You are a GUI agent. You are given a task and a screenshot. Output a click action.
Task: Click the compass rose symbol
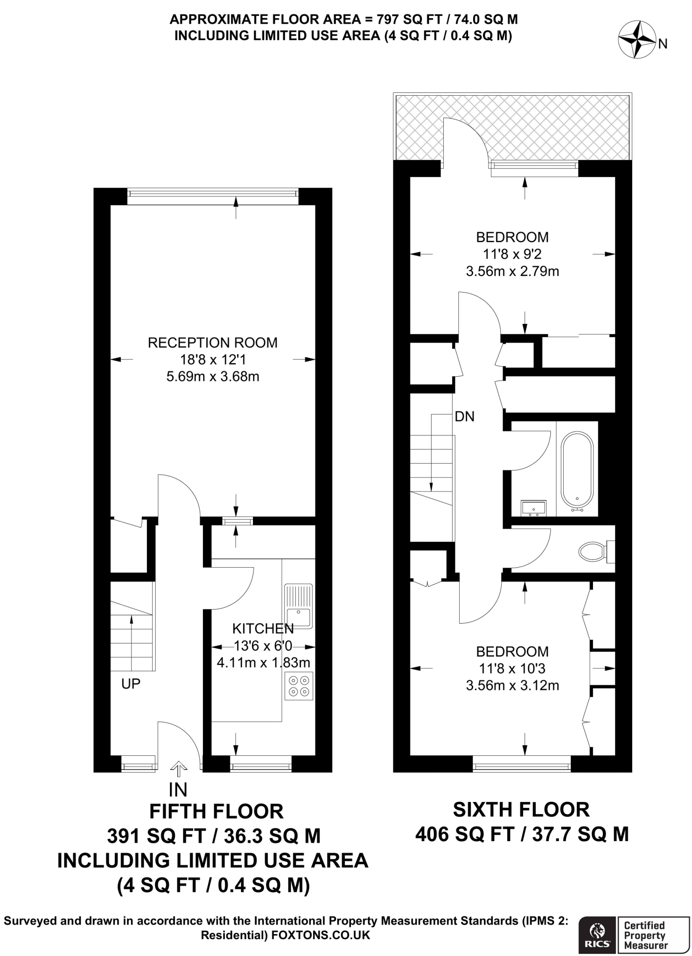[637, 41]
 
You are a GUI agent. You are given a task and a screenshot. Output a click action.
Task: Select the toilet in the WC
[592, 551]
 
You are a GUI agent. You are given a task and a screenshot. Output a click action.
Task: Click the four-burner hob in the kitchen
[299, 686]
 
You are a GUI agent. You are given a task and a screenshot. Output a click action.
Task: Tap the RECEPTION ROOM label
[212, 343]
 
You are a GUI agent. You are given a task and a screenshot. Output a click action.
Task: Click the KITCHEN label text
[263, 628]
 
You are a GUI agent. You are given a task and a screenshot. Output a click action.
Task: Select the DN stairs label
[464, 416]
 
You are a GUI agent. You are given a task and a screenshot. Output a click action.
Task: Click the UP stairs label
[131, 684]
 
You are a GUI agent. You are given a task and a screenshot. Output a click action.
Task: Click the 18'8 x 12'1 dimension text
[212, 359]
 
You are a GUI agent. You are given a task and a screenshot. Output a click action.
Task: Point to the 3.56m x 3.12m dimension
[512, 686]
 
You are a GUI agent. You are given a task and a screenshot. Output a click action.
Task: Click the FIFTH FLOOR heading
[216, 812]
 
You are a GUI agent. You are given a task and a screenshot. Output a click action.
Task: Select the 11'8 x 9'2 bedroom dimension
[512, 254]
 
